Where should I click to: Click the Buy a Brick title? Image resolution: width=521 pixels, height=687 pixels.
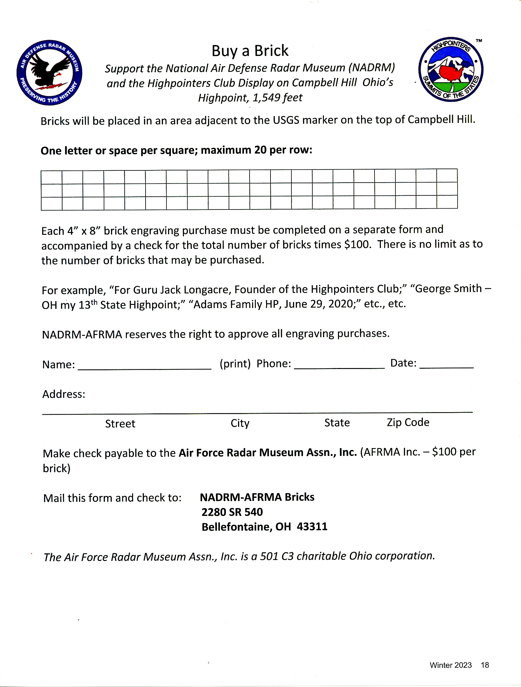click(250, 51)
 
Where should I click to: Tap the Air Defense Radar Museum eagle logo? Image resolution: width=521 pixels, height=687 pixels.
click(49, 73)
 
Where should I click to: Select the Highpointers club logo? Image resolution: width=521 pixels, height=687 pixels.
click(450, 69)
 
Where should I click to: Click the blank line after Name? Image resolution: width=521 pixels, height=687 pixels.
click(144, 366)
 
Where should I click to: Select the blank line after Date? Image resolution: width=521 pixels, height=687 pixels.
click(446, 365)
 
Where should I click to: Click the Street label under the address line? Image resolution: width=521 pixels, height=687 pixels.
click(120, 424)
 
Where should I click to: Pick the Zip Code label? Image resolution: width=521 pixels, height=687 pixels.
click(408, 422)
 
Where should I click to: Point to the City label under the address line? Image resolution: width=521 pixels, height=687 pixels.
click(240, 423)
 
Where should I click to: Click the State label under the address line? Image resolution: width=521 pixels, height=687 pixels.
click(337, 423)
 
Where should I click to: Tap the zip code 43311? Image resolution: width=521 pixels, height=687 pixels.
click(312, 527)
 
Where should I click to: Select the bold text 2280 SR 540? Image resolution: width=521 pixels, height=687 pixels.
click(232, 512)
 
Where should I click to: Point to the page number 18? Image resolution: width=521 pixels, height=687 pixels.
click(485, 665)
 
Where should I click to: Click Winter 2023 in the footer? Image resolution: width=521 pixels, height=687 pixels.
click(450, 665)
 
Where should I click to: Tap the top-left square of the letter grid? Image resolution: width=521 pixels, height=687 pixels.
click(52, 177)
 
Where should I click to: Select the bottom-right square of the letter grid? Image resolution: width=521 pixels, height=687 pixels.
click(447, 202)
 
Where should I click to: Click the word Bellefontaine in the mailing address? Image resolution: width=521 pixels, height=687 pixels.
click(237, 527)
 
